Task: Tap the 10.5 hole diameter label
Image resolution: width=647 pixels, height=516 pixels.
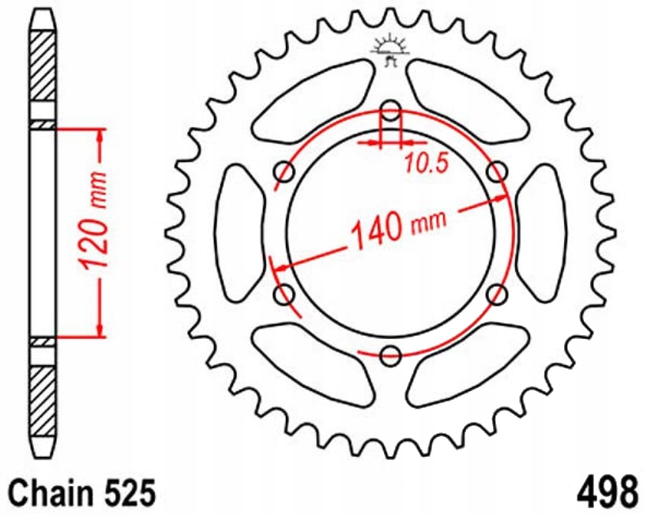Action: pos(427,164)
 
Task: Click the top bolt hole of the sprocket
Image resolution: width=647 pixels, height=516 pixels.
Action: pos(390,111)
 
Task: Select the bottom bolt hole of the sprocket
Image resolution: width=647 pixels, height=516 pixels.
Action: pos(390,356)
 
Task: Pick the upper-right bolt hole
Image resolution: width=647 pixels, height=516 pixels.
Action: pos(497,171)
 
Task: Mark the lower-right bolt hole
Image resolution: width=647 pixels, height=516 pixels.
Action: pos(497,295)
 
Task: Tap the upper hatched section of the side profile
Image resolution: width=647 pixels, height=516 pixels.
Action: pos(43,67)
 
